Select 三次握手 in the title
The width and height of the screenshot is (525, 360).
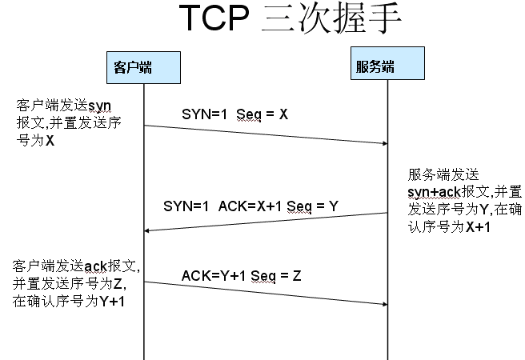click(x=331, y=21)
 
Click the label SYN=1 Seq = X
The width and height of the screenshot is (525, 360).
click(x=234, y=114)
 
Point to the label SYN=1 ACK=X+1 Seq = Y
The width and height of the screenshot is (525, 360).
click(x=250, y=206)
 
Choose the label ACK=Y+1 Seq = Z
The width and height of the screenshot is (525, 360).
click(x=241, y=276)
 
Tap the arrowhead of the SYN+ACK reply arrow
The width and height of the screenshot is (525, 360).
click(x=149, y=231)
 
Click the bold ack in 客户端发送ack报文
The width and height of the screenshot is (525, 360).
click(x=95, y=265)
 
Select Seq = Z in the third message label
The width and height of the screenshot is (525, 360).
click(x=276, y=276)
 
